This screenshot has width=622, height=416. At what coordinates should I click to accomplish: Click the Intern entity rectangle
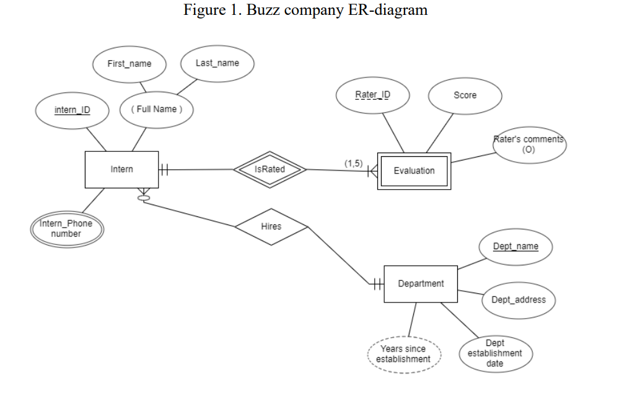121,169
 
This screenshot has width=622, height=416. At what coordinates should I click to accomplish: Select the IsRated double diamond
269,169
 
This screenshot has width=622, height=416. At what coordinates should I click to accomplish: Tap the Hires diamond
271,227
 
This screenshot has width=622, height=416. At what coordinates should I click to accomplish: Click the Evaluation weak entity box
414,170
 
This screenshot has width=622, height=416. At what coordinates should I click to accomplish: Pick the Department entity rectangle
421,284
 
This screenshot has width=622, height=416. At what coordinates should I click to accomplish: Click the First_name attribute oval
129,64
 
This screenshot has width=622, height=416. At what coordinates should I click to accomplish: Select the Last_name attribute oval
217,63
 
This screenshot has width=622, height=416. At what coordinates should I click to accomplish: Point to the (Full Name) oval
156,109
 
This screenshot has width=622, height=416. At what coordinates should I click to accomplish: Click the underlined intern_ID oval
72,110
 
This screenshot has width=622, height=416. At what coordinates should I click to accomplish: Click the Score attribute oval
465,95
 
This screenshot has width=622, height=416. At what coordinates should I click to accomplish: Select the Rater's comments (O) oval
528,144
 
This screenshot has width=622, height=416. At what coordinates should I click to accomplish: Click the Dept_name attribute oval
515,247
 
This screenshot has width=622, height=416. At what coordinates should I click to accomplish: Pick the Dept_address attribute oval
519,300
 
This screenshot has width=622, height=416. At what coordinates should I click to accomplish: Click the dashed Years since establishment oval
403,354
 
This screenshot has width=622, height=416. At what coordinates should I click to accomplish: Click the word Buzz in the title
263,11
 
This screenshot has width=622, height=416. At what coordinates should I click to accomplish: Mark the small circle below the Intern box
144,198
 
